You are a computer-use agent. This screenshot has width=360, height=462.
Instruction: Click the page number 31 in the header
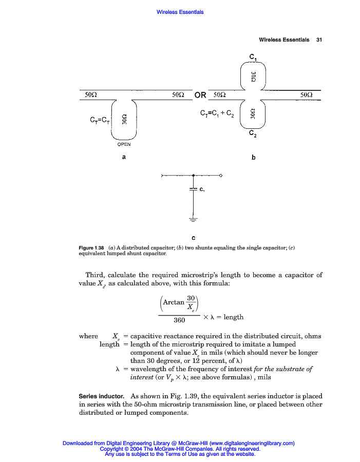[x=318, y=40]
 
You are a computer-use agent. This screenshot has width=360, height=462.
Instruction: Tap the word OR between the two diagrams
[x=200, y=95]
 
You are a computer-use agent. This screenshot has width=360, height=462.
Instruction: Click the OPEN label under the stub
[x=124, y=144]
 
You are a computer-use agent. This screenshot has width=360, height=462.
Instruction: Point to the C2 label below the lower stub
[x=253, y=133]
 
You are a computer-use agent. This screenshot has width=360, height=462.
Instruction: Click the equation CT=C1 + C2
[x=217, y=113]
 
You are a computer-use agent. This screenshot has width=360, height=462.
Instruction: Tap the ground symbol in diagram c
[x=193, y=220]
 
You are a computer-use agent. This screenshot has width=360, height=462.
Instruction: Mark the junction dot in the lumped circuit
[x=193, y=176]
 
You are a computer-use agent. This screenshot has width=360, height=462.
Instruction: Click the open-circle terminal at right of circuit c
[x=220, y=176]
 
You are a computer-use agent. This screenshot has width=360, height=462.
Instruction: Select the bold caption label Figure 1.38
[x=91, y=248]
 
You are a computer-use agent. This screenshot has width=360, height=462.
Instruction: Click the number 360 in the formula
[x=179, y=320]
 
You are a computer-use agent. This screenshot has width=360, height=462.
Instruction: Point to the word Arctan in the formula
[x=173, y=302]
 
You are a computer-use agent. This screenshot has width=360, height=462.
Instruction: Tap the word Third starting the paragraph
[x=95, y=275]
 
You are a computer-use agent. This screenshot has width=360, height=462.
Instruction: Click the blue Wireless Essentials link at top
[x=180, y=12]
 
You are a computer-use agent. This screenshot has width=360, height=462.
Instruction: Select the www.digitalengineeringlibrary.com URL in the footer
[x=252, y=443]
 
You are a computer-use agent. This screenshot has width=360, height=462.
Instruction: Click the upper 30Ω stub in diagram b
[x=253, y=77]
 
